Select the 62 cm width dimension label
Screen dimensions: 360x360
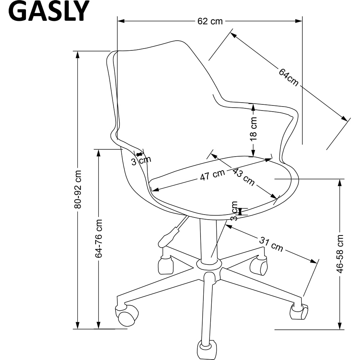click(210, 21)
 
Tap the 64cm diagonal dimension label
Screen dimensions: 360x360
click(289, 77)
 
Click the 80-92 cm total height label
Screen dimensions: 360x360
click(78, 189)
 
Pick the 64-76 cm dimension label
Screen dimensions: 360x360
click(99, 238)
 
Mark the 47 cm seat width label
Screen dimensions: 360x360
click(212, 175)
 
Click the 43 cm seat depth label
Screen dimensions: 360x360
click(243, 177)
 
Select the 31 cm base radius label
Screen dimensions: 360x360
click(271, 244)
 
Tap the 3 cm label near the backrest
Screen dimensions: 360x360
click(141, 161)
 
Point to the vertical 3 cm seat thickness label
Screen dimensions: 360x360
click(234, 211)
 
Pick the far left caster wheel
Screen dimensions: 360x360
click(127, 315)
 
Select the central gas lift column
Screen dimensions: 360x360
click(208, 239)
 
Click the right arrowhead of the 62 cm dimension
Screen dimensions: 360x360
click(299, 21)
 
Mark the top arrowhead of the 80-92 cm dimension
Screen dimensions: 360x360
click(78, 55)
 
